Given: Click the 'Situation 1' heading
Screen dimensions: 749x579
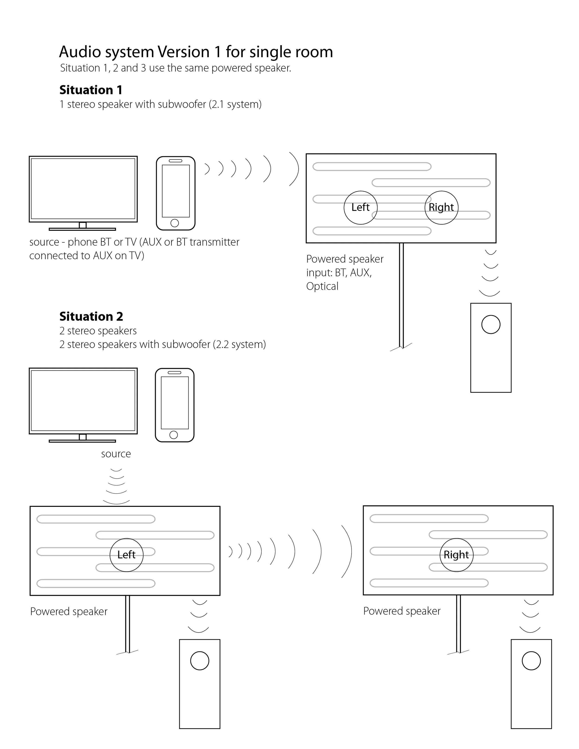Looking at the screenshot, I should coord(91,90).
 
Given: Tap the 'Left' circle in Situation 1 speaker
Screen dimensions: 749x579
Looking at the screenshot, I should coord(361,207).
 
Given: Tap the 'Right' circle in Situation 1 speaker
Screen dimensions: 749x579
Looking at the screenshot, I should coord(441,207).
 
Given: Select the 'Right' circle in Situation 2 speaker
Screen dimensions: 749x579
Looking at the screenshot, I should coord(456,555).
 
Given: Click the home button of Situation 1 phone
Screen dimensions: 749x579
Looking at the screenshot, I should coord(175,223).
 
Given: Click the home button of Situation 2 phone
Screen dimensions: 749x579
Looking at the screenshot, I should coord(173,435).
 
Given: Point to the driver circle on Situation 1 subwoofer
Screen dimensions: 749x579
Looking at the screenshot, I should coord(491,324).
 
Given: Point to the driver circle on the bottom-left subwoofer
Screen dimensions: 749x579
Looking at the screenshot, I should coord(200,661).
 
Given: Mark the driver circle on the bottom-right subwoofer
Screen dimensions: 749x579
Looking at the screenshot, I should coord(531,661).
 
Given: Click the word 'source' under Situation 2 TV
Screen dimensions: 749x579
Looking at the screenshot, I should coord(116,454).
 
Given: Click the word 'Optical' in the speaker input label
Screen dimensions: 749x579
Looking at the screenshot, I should coord(322,286).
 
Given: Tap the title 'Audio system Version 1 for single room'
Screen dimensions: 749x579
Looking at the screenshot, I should coord(196,52).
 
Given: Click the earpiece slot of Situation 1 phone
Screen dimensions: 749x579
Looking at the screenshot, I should coord(175,160).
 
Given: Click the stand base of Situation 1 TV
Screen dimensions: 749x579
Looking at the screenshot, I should coord(82,229).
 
